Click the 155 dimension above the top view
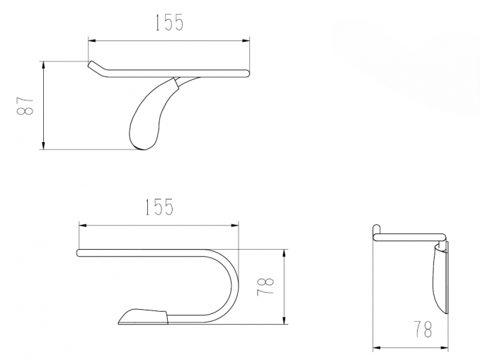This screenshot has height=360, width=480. [x=169, y=23]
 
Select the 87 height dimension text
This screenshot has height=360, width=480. [x=25, y=106]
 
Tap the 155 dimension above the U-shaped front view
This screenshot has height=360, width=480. [x=159, y=207]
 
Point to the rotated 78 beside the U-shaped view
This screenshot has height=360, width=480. [x=265, y=286]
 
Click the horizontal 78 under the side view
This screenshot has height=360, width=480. [x=423, y=329]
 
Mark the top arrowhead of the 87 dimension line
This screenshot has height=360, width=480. [x=43, y=65]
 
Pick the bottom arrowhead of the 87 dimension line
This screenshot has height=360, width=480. [x=43, y=146]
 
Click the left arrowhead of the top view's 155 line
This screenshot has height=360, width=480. [x=92, y=40]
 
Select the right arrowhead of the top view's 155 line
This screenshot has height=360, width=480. [x=246, y=40]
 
